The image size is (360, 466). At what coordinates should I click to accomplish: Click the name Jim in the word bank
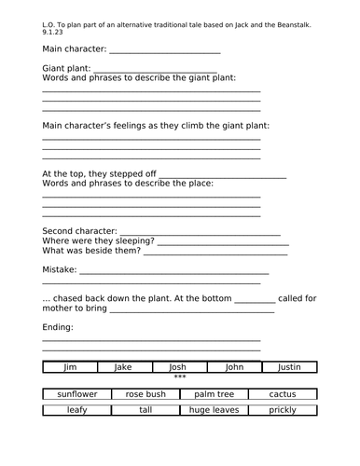(x=69, y=367)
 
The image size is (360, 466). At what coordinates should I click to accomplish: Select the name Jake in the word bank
(x=123, y=367)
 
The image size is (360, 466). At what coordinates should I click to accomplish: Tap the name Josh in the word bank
(x=178, y=367)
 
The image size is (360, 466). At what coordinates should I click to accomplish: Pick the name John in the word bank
(x=233, y=367)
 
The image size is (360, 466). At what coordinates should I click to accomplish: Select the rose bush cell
(x=145, y=394)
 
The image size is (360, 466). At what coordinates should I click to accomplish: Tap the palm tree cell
(x=215, y=394)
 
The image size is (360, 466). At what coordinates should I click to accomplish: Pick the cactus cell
(x=283, y=394)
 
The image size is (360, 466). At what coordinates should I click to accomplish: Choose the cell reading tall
(x=145, y=410)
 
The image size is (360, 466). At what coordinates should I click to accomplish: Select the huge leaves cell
(x=215, y=410)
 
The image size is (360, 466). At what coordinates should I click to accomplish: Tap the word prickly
(x=283, y=410)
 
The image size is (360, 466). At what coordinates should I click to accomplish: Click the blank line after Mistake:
(x=174, y=270)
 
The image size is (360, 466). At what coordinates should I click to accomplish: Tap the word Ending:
(x=59, y=327)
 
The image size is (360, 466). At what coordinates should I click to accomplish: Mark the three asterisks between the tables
(x=180, y=378)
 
